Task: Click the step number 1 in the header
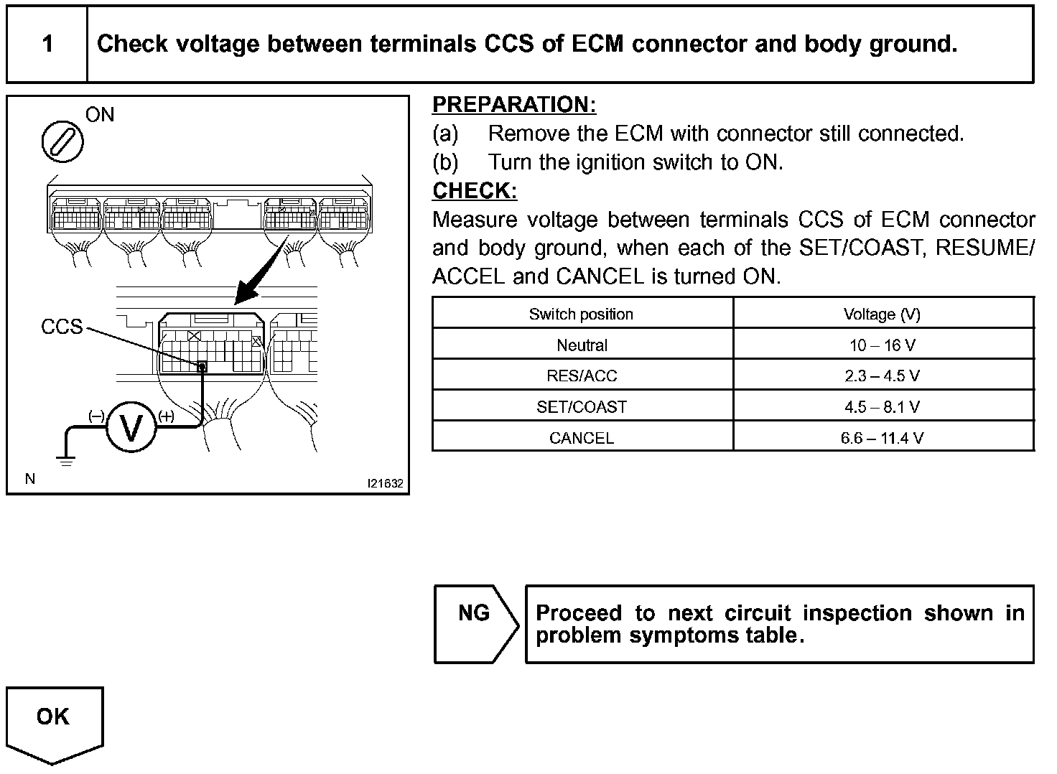(47, 44)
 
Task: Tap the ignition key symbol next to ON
(62, 141)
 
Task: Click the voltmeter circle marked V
(131, 427)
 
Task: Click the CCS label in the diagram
(62, 327)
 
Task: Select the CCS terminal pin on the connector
(202, 367)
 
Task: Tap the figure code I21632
(386, 483)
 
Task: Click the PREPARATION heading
(514, 105)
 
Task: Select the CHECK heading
(475, 191)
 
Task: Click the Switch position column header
(581, 314)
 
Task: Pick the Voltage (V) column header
(882, 314)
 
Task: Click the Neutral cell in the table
(582, 345)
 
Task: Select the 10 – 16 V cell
(882, 345)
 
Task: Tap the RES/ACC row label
(582, 376)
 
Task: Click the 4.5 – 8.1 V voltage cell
(882, 407)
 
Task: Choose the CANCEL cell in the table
(582, 438)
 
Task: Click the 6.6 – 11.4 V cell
(882, 438)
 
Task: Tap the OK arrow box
(55, 722)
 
